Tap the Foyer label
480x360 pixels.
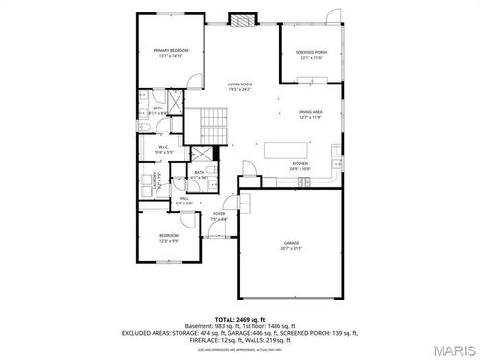[219, 216]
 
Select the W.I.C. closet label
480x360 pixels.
[163, 149]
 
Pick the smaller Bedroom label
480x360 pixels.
[169, 237]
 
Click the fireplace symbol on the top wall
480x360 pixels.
[244, 18]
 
